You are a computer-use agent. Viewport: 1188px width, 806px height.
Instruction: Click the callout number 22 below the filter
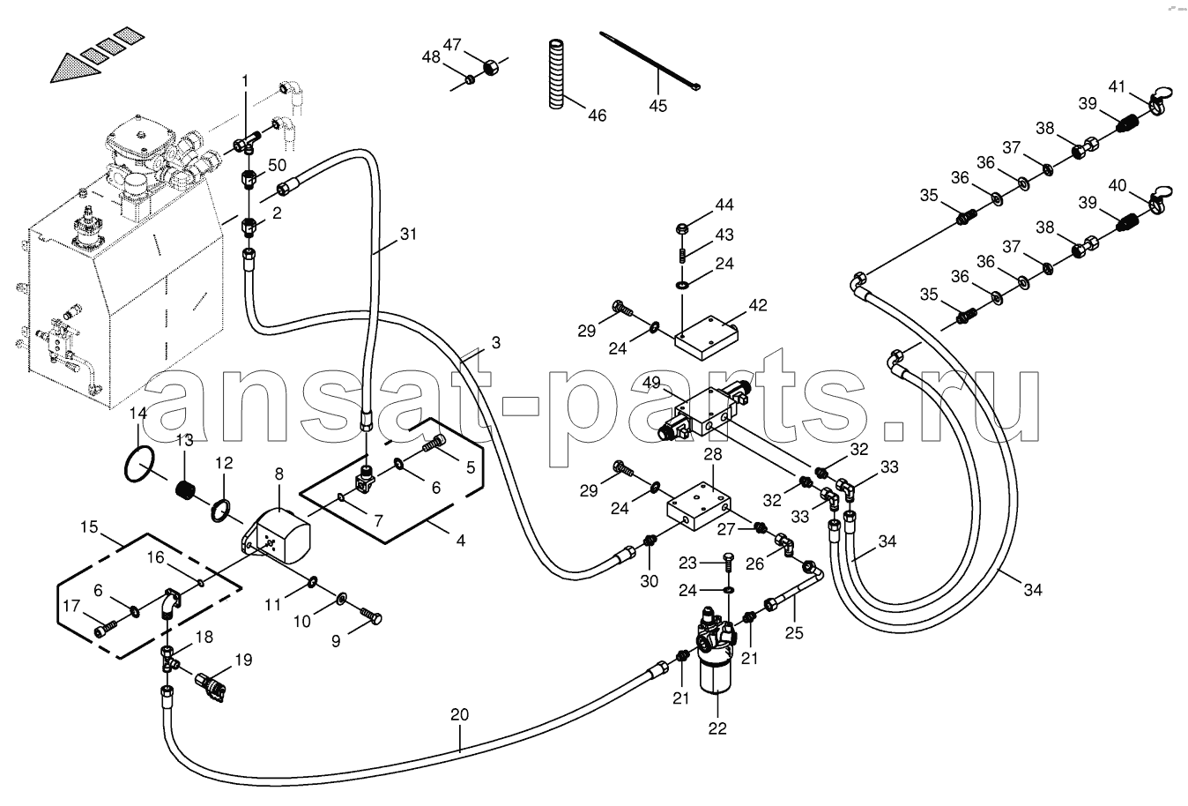(717, 728)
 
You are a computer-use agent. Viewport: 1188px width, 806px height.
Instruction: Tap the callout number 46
(597, 116)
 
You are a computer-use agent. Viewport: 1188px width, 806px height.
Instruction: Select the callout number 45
(658, 106)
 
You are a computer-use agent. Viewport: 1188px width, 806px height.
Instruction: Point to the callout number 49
(651, 382)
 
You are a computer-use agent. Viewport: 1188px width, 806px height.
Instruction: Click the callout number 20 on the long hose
(459, 715)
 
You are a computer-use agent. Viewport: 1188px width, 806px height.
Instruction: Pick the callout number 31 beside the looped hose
(407, 235)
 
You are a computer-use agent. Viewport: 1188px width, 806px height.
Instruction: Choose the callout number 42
(758, 306)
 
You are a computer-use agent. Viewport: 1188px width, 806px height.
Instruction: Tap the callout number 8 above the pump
(278, 474)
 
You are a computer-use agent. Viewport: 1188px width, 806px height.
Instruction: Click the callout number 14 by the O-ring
(138, 413)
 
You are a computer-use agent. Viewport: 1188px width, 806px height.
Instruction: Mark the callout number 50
(278, 167)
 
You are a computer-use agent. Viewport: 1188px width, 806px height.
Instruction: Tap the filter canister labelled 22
(717, 677)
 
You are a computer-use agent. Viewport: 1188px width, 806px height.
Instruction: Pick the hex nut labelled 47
(493, 66)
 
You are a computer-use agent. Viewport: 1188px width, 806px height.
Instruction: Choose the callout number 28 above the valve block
(712, 454)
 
